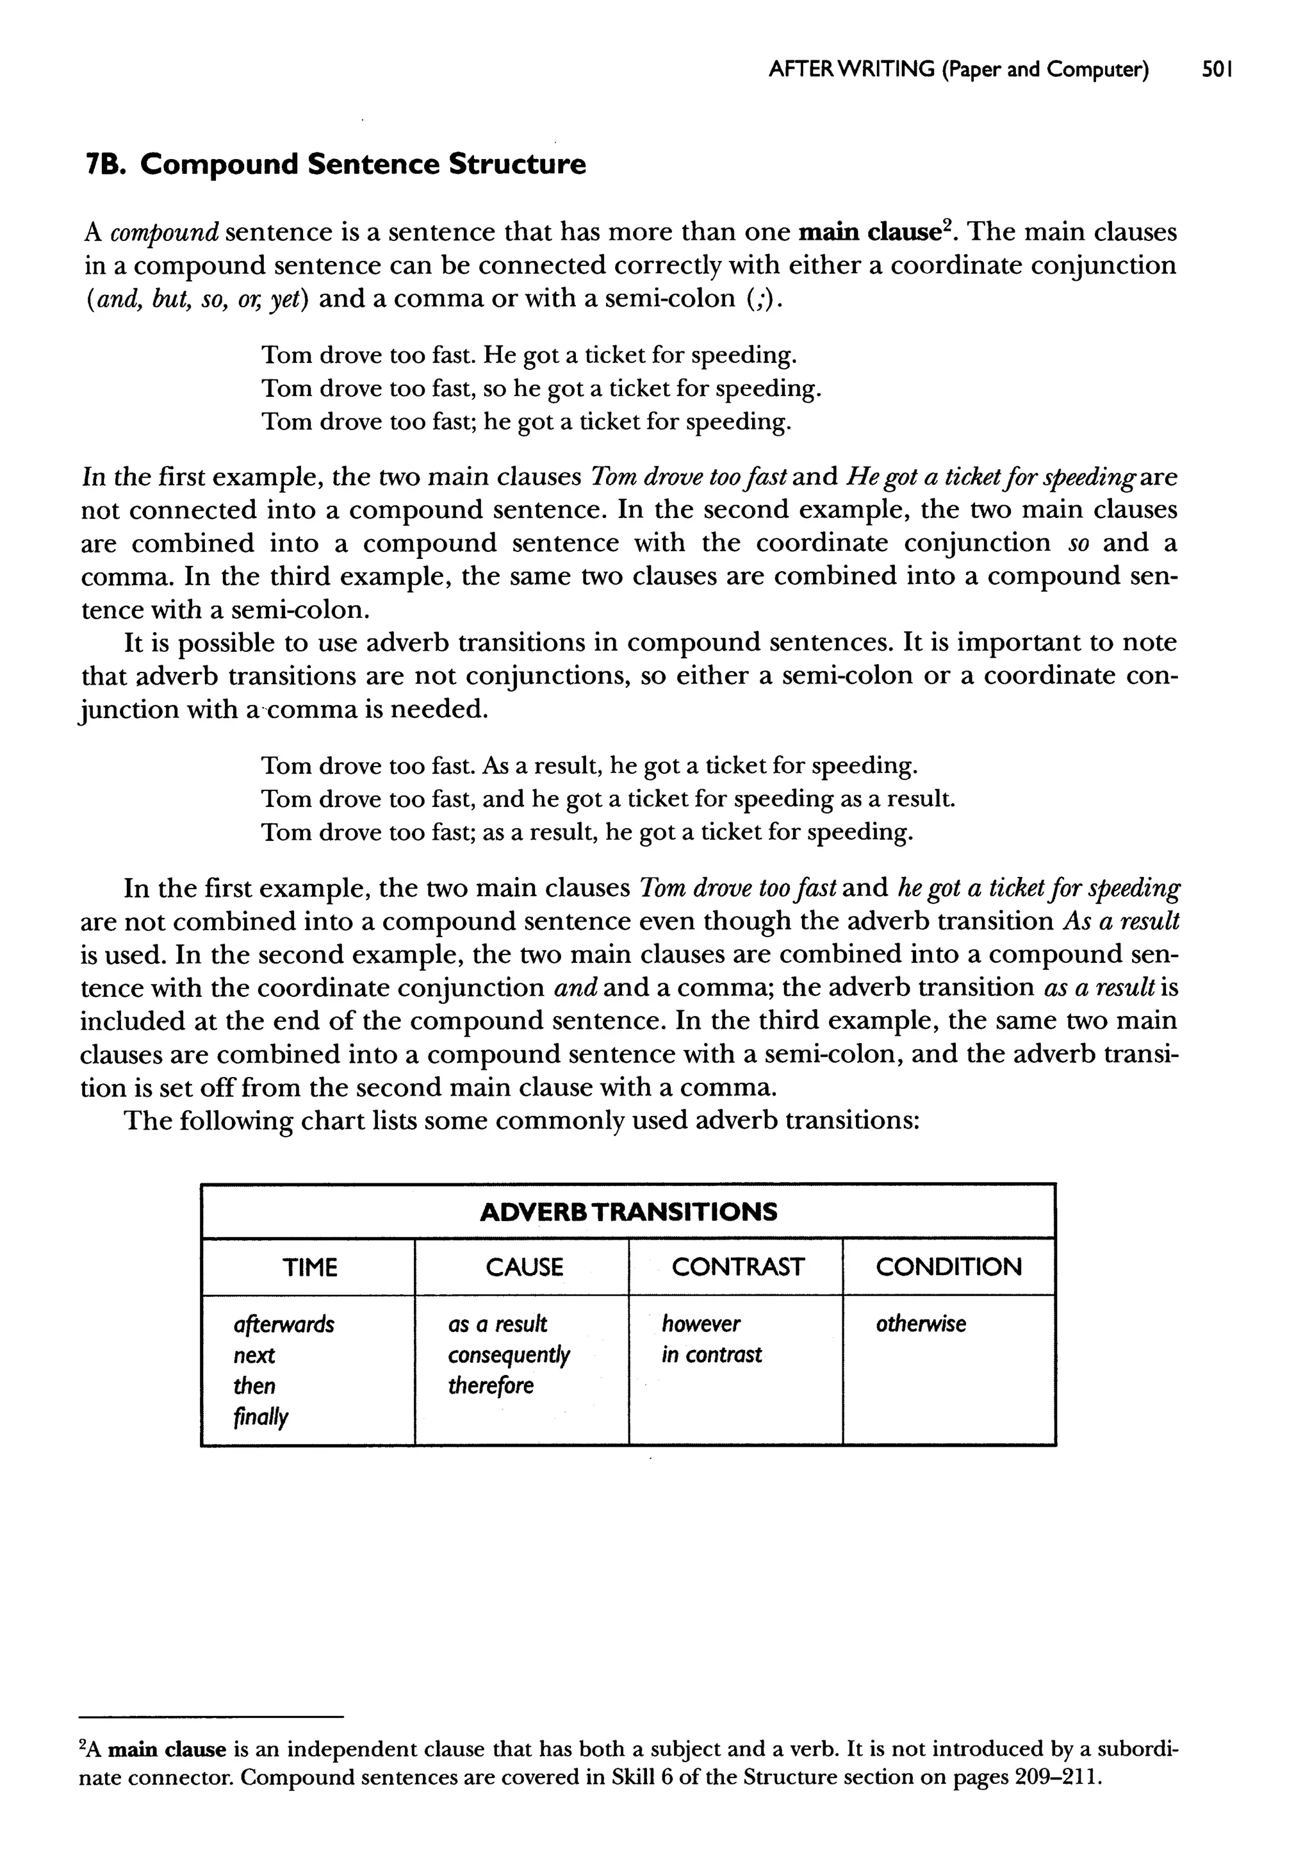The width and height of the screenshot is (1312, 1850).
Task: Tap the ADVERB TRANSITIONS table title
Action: tap(628, 1212)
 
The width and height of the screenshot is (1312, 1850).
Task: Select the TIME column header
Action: tap(309, 1267)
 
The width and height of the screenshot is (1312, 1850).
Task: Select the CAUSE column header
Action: tap(523, 1267)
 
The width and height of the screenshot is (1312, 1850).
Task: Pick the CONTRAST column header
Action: tap(737, 1267)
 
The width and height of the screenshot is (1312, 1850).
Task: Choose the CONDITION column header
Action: tap(949, 1267)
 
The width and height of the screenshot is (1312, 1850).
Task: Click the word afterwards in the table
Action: tap(284, 1324)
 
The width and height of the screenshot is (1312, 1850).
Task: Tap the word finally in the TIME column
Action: tap(260, 1417)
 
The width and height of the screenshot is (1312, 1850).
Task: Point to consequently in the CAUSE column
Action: tap(509, 1355)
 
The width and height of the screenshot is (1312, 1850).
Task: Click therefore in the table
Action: tap(490, 1386)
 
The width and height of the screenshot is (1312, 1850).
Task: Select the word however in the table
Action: tap(700, 1324)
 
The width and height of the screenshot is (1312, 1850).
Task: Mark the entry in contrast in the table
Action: tap(711, 1355)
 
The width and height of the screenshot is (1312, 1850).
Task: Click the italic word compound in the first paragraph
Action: tap(164, 233)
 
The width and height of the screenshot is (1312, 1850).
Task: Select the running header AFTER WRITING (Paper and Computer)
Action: tap(958, 71)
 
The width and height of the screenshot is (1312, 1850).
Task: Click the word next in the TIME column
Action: tap(254, 1355)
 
